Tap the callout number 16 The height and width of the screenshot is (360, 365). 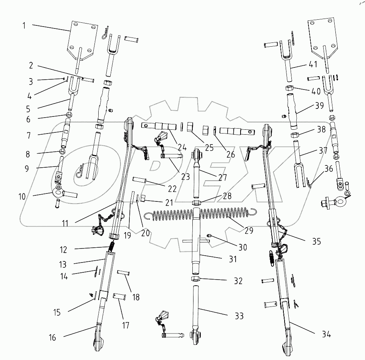click(x=53, y=337)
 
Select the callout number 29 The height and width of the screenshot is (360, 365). click(x=249, y=230)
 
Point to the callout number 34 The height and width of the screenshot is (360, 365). click(x=326, y=334)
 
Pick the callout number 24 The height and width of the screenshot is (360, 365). click(x=182, y=146)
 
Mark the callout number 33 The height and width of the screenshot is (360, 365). click(x=239, y=316)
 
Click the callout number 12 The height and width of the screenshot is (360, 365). click(x=63, y=250)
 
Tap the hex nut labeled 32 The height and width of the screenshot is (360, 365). click(x=196, y=280)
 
